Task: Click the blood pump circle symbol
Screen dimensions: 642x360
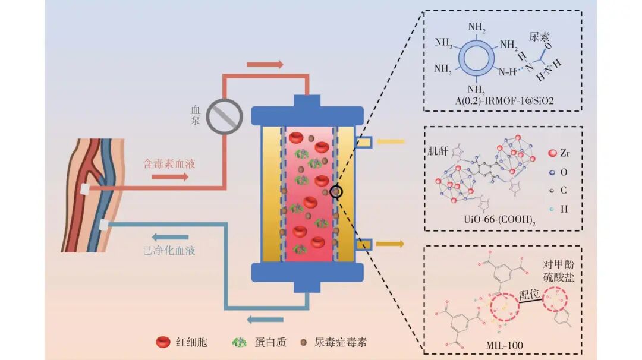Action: click(224, 116)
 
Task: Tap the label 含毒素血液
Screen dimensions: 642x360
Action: click(169, 164)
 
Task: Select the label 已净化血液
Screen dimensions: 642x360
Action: click(169, 250)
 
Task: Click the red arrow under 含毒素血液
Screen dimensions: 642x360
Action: click(171, 176)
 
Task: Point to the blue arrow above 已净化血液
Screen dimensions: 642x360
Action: click(171, 237)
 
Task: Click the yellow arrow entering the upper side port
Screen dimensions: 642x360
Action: click(390, 142)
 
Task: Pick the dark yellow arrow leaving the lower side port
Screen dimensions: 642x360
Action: click(390, 244)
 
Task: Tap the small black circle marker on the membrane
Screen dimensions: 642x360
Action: click(336, 191)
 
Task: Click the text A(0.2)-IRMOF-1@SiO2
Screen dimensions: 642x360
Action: click(505, 100)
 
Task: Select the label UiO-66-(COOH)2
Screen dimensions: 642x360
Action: click(499, 220)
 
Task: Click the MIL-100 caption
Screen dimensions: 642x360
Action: click(505, 345)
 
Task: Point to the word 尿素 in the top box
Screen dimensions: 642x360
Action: click(539, 37)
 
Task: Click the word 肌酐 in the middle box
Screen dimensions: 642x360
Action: click(438, 151)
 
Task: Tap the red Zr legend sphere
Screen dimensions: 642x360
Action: click(552, 153)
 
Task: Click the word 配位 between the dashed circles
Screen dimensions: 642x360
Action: click(530, 295)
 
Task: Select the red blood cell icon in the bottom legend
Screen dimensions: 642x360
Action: click(163, 342)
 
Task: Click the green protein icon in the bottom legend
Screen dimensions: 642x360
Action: click(239, 342)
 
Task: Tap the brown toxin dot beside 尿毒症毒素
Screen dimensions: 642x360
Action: click(303, 342)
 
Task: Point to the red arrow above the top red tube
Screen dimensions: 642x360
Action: click(265, 64)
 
